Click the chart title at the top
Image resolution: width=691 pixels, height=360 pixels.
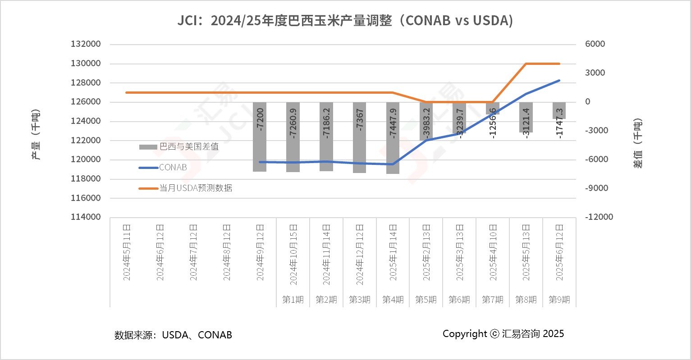point(345,20)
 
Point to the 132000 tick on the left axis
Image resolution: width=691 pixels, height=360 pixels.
point(86,44)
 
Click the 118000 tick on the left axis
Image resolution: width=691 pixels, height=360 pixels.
point(86,179)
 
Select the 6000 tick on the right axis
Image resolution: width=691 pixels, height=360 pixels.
point(595,44)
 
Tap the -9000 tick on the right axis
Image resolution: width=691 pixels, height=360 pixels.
point(596,188)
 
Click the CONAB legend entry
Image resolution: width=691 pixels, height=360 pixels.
point(173,167)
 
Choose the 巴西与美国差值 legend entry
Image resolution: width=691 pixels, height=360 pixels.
point(189,146)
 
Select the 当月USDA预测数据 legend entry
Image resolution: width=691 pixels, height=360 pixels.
point(196,188)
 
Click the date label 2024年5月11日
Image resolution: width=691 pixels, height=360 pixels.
point(127,252)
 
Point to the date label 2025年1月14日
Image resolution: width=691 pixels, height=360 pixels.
point(393,252)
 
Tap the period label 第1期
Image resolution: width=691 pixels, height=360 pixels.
point(293,300)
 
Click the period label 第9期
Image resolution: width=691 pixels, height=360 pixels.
point(559,300)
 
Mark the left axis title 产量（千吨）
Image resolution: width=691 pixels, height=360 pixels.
point(36,134)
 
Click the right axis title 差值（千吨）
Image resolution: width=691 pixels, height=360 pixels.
point(638,143)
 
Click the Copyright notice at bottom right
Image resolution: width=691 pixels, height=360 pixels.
point(503,334)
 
